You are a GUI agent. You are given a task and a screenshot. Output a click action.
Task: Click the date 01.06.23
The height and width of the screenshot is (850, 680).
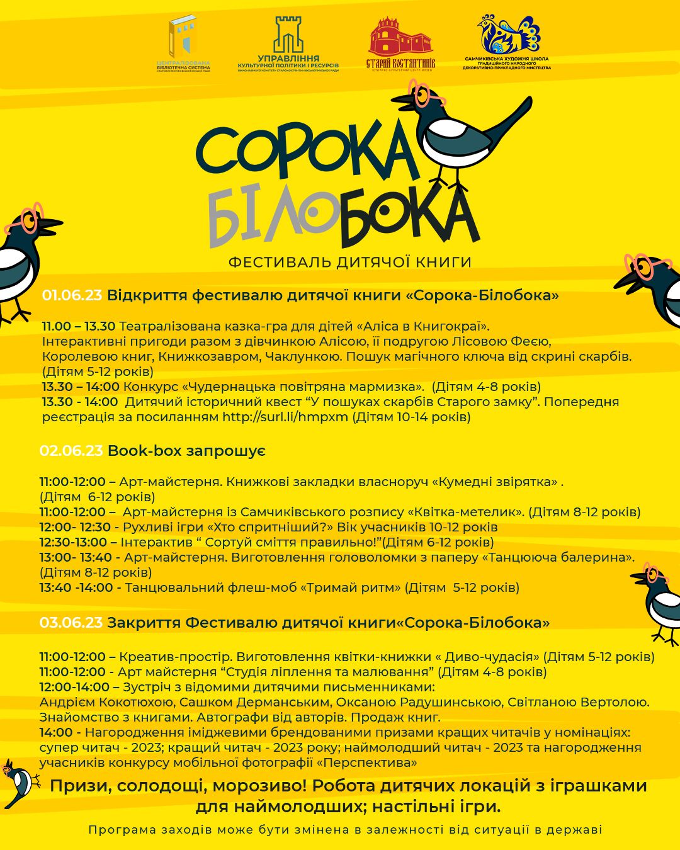[71, 295]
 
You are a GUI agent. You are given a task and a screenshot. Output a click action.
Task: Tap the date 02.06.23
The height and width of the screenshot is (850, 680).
[71, 451]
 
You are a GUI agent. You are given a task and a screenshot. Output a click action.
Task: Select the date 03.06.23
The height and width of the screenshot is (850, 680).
[71, 623]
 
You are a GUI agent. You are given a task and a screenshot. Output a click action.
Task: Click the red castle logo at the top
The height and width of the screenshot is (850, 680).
[400, 38]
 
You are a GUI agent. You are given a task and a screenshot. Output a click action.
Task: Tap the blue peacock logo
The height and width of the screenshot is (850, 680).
[510, 35]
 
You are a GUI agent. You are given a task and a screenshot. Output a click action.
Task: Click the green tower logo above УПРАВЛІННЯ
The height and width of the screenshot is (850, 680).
[288, 35]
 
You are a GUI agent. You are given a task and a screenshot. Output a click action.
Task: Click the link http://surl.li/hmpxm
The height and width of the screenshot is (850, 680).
[285, 417]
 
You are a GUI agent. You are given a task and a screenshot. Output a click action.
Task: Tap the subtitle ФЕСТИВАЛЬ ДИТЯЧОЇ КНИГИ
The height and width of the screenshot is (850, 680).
[349, 262]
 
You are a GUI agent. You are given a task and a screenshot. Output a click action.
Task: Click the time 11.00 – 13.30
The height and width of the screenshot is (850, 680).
[79, 326]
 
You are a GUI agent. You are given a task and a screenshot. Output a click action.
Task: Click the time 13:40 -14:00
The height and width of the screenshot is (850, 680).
[76, 587]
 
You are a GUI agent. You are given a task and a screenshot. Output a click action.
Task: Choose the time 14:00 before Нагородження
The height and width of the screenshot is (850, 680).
[55, 732]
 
